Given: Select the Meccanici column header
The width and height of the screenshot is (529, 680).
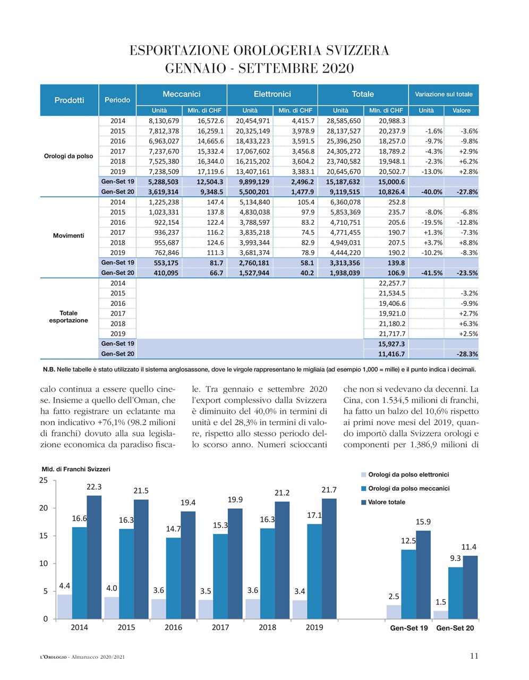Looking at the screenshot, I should pyautogui.click(x=182, y=94).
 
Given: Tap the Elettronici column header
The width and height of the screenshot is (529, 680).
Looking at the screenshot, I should pyautogui.click(x=272, y=94).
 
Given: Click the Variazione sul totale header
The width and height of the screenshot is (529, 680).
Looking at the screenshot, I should pyautogui.click(x=443, y=94).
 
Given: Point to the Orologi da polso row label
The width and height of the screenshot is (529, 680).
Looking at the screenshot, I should pyautogui.click(x=69, y=156).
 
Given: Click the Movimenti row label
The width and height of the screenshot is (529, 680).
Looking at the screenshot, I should pyautogui.click(x=69, y=235).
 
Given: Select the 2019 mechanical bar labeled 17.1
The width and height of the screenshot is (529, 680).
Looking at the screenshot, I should pyautogui.click(x=314, y=571).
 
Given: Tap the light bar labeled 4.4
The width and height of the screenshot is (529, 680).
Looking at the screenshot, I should pyautogui.click(x=64, y=606).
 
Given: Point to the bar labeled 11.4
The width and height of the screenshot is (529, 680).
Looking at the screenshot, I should pyautogui.click(x=470, y=587).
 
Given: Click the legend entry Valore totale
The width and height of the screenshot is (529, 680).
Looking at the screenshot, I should pyautogui.click(x=386, y=502).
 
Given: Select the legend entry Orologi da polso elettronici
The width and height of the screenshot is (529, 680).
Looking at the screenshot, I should pyautogui.click(x=408, y=474).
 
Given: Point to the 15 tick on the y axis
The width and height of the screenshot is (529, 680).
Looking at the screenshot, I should pyautogui.click(x=44, y=535).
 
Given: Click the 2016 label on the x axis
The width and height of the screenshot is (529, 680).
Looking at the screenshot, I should pyautogui.click(x=173, y=627).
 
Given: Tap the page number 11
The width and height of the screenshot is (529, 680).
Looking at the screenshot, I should pyautogui.click(x=474, y=656).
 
